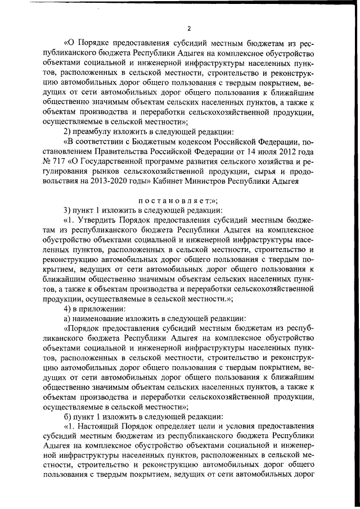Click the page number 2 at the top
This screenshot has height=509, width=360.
coord(190,28)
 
